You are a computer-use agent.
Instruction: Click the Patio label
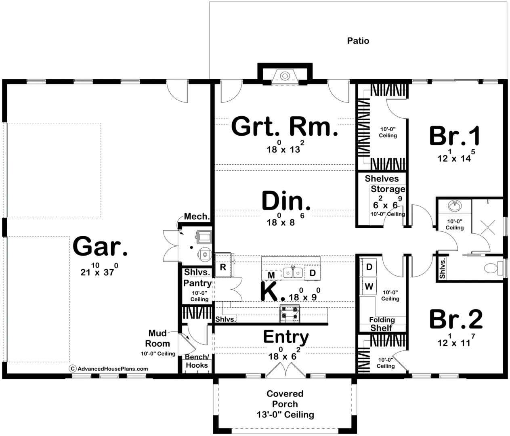point(358,41)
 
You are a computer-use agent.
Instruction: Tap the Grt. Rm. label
point(285,126)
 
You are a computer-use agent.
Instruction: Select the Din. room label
point(286,201)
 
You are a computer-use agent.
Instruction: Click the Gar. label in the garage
point(100,246)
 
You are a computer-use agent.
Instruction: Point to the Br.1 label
point(455,136)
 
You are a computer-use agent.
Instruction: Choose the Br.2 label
point(456,319)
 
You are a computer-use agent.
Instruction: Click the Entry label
point(286,337)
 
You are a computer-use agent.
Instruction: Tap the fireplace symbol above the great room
point(285,76)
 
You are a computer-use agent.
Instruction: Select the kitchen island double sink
point(293,272)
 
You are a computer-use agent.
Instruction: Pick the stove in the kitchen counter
point(290,313)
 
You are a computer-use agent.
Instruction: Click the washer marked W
point(368,286)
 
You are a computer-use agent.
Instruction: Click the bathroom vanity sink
point(455,205)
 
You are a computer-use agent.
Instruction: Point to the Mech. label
point(197,216)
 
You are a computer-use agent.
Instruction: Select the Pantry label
point(197,283)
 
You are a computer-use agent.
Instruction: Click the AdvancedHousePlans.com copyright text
point(109,369)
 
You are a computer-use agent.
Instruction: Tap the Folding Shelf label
point(382,324)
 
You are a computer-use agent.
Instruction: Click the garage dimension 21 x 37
point(99,269)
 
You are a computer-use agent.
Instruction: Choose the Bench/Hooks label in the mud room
point(197,361)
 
